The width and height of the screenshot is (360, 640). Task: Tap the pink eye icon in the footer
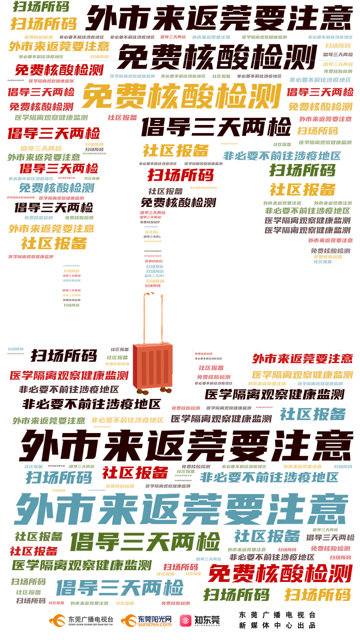pyautogui.click(x=184, y=620)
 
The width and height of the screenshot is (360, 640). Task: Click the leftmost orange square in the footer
pyautogui.click(x=57, y=620)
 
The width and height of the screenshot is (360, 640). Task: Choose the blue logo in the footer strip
pyautogui.click(x=155, y=620)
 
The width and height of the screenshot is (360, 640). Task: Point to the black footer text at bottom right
pyautogui.click(x=277, y=620)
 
